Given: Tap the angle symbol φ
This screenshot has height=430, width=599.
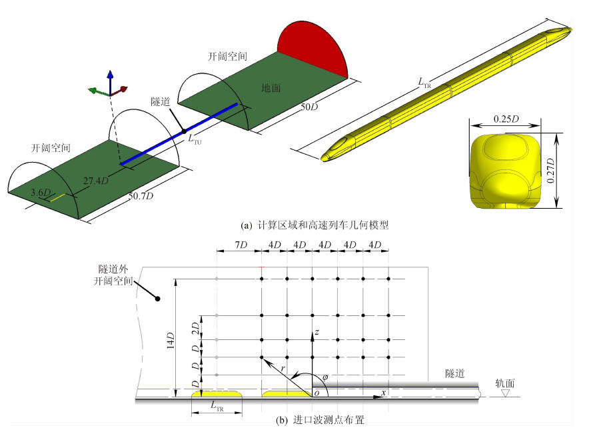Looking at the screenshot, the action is pyautogui.click(x=324, y=377).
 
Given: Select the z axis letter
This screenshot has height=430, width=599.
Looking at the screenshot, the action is pyautogui.click(x=318, y=331).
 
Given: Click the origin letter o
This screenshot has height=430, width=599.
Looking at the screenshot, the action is pyautogui.click(x=316, y=395).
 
